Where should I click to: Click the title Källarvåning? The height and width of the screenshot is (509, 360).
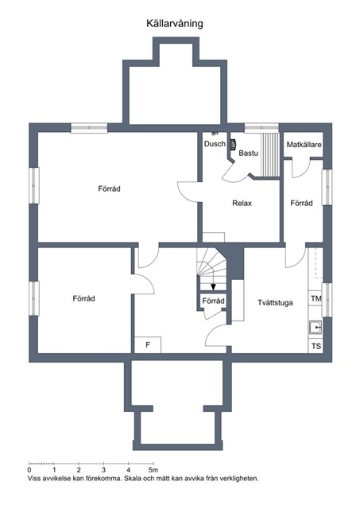tap(175, 23)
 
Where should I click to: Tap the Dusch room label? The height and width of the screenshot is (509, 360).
tap(215, 143)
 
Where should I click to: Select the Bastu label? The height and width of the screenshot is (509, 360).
tap(249, 153)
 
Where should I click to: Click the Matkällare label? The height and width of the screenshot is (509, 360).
tap(304, 145)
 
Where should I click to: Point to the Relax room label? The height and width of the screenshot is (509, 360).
tap(242, 204)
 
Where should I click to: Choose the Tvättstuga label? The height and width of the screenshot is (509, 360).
tap(275, 302)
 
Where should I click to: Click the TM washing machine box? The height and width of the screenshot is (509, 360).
tap(315, 298)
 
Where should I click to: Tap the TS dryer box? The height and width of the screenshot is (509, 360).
tap(315, 346)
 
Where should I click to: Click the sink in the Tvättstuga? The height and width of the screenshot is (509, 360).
tap(315, 328)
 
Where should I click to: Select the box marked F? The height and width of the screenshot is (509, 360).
tap(148, 344)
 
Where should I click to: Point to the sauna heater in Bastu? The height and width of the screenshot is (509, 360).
tap(233, 145)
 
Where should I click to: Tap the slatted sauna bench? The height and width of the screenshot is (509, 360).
tap(270, 154)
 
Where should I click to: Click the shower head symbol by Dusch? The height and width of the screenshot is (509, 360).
tap(214, 133)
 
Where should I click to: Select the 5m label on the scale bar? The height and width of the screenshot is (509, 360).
tap(153, 470)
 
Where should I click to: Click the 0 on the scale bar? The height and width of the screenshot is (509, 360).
tap(29, 470)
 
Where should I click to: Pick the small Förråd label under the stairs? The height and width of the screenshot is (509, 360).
tap(213, 301)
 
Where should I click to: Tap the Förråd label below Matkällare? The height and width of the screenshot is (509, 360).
tap(301, 204)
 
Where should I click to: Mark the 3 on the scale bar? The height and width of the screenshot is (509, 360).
tap(104, 470)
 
